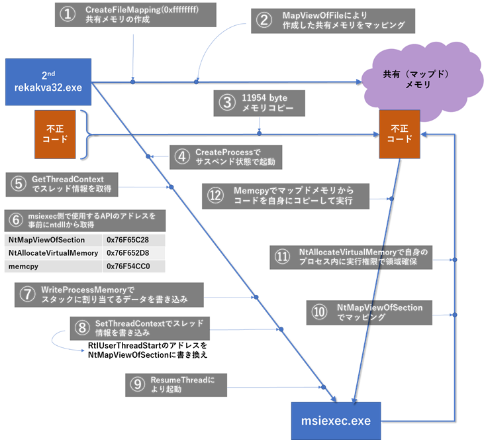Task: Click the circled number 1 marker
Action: click(x=68, y=15)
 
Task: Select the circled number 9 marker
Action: click(x=138, y=385)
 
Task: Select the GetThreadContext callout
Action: click(x=72, y=183)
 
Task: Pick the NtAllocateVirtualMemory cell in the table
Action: click(x=52, y=253)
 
